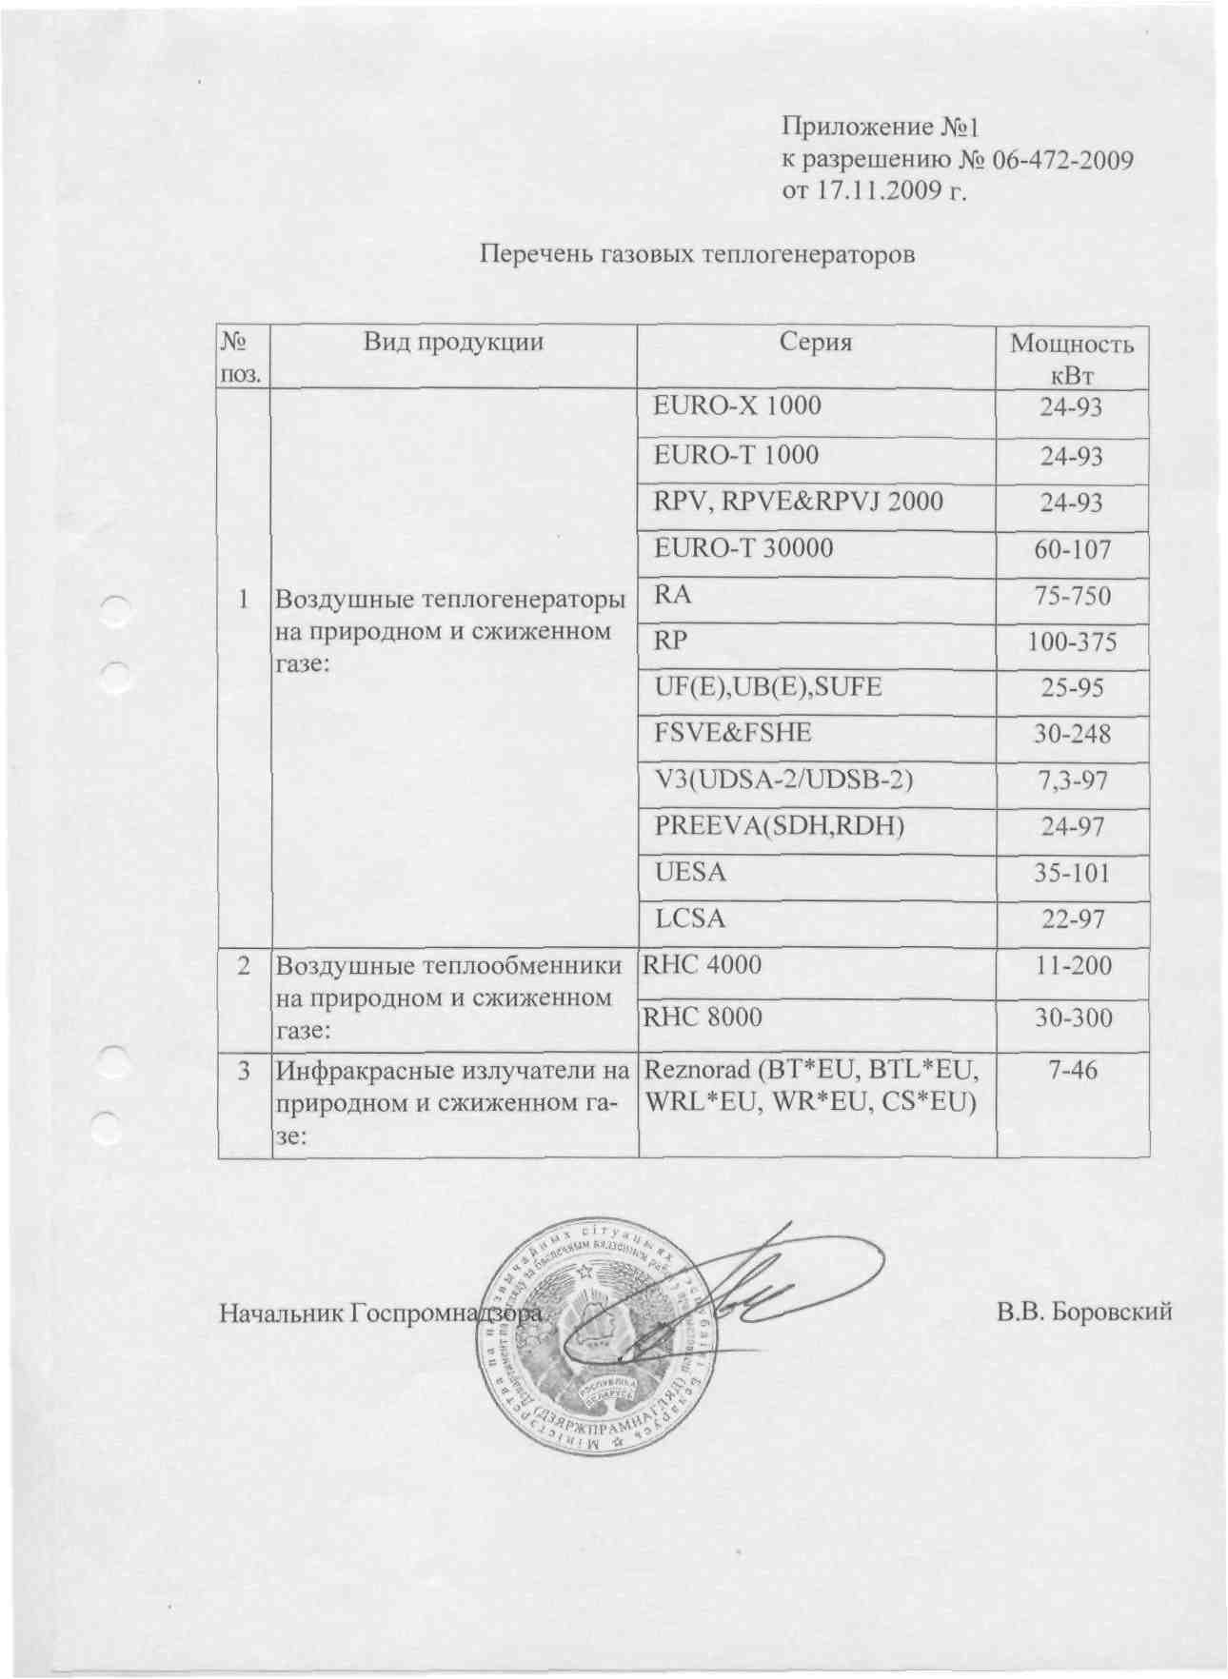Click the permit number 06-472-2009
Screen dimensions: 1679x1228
[1062, 159]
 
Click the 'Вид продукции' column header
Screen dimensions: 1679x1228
[453, 343]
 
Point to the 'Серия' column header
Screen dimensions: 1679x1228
[815, 343]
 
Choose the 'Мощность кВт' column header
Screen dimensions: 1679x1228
[1072, 357]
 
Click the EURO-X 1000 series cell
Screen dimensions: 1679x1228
[737, 405]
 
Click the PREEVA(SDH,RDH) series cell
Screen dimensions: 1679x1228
[778, 826]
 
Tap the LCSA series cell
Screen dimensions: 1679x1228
[690, 919]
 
